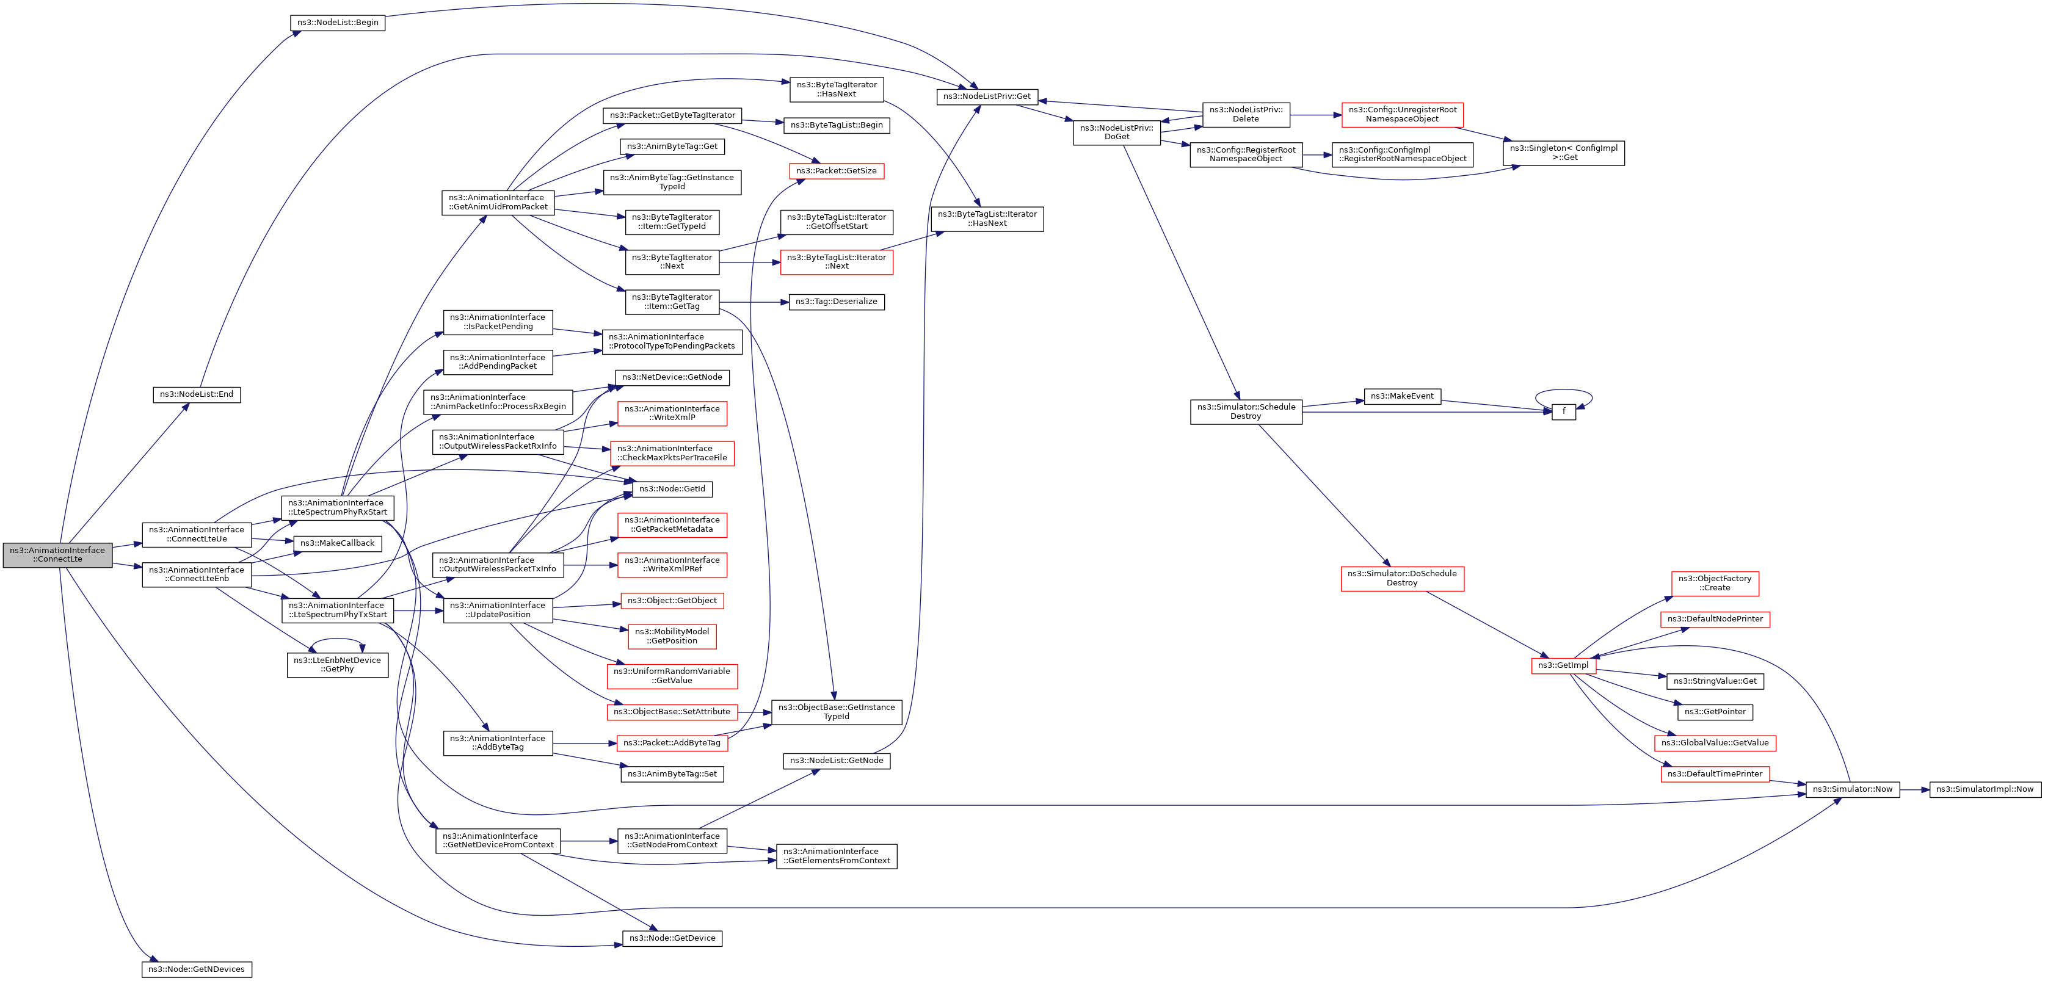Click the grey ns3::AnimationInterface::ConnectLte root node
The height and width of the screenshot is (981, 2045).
(57, 555)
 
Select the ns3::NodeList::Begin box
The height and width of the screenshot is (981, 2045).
(338, 22)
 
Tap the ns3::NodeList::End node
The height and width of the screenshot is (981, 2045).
(196, 394)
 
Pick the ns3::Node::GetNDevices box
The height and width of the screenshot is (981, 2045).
(196, 969)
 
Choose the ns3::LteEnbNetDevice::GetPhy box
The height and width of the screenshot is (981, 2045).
(338, 665)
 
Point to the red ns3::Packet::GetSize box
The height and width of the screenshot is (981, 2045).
(836, 171)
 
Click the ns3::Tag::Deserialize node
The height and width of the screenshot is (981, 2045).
(836, 302)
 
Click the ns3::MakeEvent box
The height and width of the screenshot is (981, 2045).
(1402, 396)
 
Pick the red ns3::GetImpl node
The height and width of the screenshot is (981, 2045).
(1563, 665)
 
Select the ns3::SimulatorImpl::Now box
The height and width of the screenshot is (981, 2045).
(1985, 789)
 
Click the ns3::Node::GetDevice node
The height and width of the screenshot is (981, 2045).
(672, 938)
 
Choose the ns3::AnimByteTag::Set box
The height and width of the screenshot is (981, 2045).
(672, 774)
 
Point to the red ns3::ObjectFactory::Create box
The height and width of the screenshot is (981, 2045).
(1715, 584)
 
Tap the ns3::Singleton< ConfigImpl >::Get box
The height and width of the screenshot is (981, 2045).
(1563, 153)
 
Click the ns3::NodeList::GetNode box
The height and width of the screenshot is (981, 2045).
(836, 761)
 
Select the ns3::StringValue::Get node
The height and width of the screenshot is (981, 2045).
(1715, 681)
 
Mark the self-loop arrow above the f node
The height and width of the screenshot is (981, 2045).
(1563, 391)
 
